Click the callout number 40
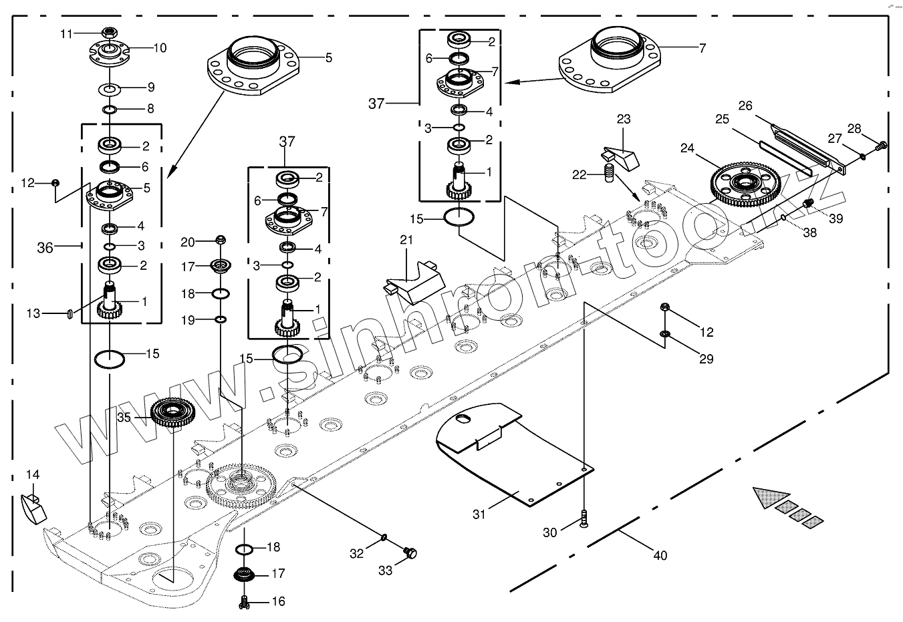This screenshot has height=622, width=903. point(660,555)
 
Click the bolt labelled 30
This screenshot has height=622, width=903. point(584,518)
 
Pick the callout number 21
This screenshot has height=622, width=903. point(406,240)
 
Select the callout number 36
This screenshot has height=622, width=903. point(45,247)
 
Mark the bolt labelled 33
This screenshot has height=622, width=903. point(411,552)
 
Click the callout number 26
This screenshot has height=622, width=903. point(745,106)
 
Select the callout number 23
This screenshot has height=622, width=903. point(623,120)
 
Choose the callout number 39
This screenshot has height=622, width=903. point(835,218)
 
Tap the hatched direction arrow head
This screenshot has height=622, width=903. point(770,498)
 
